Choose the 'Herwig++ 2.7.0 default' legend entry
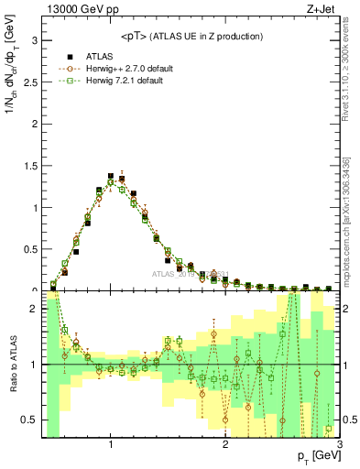tap(129, 69)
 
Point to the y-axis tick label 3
tap(36, 41)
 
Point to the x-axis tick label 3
tap(339, 445)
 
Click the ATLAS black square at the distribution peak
tap(111, 175)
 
